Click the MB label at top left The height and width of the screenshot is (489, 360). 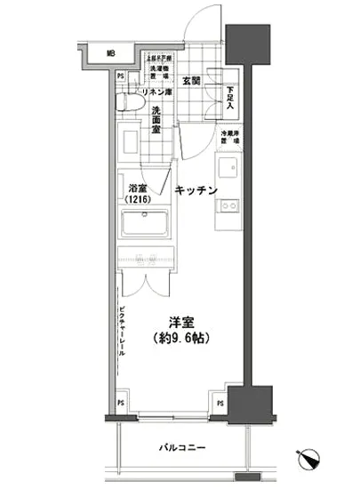(x=111, y=53)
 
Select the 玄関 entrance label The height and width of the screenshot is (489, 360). (x=191, y=82)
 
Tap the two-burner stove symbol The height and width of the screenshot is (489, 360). (x=229, y=206)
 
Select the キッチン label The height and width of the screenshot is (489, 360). (x=196, y=189)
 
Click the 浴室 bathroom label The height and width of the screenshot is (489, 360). (x=137, y=189)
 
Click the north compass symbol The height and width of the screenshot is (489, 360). (x=313, y=457)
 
